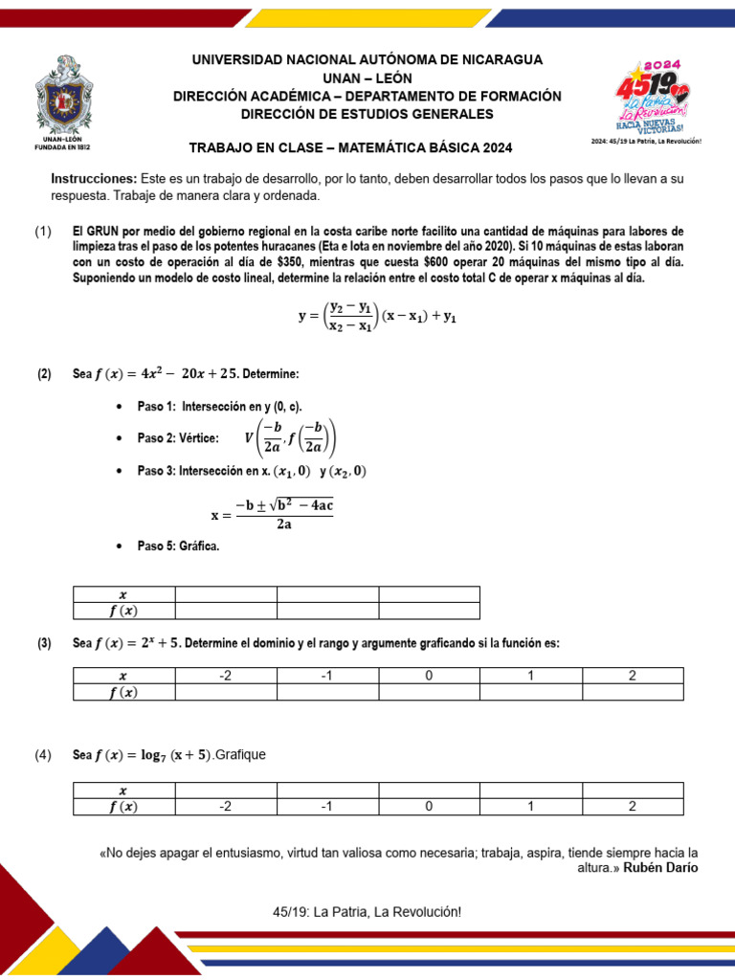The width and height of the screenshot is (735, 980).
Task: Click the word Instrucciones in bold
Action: coord(94,179)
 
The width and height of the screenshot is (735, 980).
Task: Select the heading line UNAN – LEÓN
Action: coord(367,78)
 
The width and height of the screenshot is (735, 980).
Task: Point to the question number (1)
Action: coord(43,232)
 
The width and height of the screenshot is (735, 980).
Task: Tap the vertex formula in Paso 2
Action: coord(291,438)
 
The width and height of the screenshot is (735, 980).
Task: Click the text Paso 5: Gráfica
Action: coord(179,546)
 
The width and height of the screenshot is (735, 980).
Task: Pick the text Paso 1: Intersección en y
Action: coord(219,407)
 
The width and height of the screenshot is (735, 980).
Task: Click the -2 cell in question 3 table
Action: coord(225,676)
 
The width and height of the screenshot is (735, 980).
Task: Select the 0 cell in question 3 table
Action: coord(429,676)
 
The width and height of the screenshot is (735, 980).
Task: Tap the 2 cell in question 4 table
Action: coord(632,806)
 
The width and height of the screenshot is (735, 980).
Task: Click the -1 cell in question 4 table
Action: coord(326,806)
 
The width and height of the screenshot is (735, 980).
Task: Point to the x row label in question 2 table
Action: coord(122,593)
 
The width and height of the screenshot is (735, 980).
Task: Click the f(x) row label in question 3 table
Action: coord(122,692)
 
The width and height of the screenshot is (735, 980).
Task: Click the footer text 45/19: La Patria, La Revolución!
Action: coord(367,912)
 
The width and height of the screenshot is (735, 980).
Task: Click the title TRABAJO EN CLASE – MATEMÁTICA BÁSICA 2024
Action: coord(351,147)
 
